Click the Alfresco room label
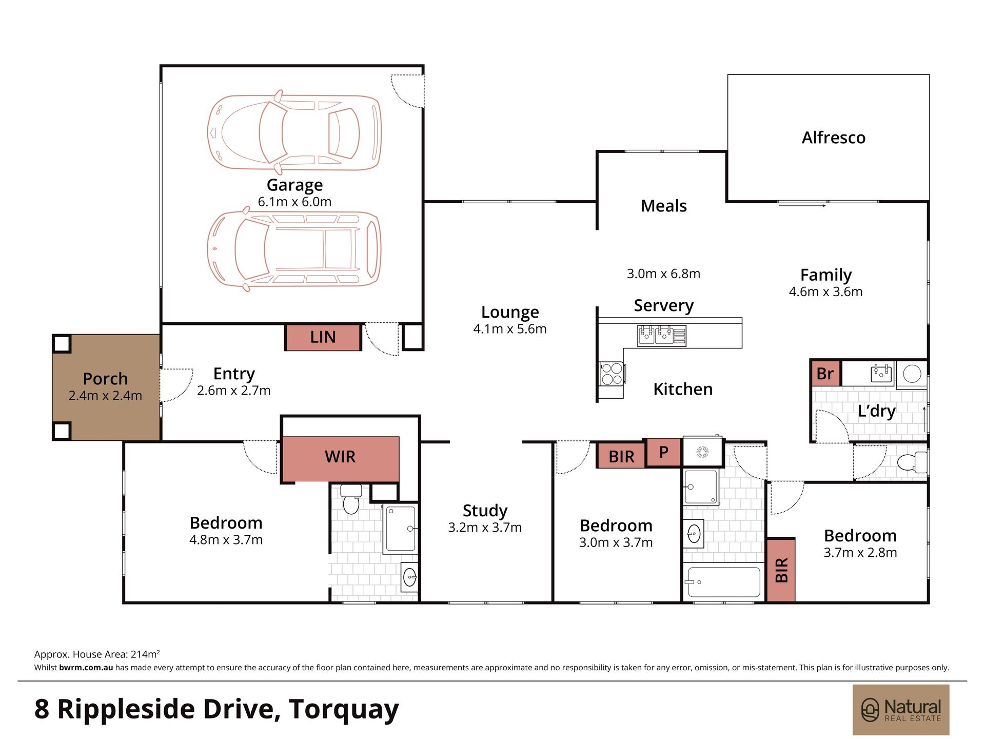pos(834,138)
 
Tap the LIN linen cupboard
pos(323,337)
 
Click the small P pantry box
pos(663,452)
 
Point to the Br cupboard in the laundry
pos(825,373)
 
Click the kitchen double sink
pos(661,336)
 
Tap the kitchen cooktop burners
pos(612,374)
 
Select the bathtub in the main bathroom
pos(723,582)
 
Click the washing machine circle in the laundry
pos(912,374)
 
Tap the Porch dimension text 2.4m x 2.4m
pos(105,396)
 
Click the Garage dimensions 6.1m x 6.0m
pos(294,202)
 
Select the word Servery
pos(664,305)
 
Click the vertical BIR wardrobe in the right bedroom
pos(781,570)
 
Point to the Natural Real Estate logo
pos(901,710)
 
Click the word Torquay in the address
pos(344,710)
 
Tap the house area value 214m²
pos(145,654)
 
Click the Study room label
pos(485,511)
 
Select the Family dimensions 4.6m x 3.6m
pos(825,291)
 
